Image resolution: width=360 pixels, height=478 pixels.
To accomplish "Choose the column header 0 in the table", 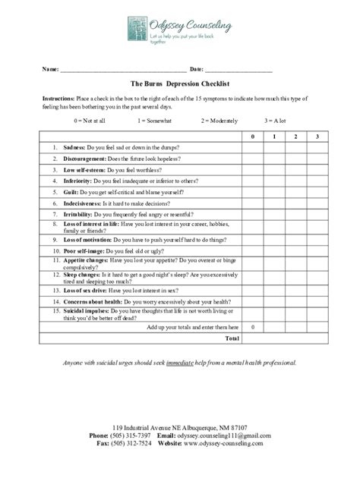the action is (x=253, y=136).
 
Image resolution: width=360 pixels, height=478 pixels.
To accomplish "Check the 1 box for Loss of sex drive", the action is (x=273, y=290).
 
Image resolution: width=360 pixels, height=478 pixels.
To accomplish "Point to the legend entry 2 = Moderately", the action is (x=219, y=121).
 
